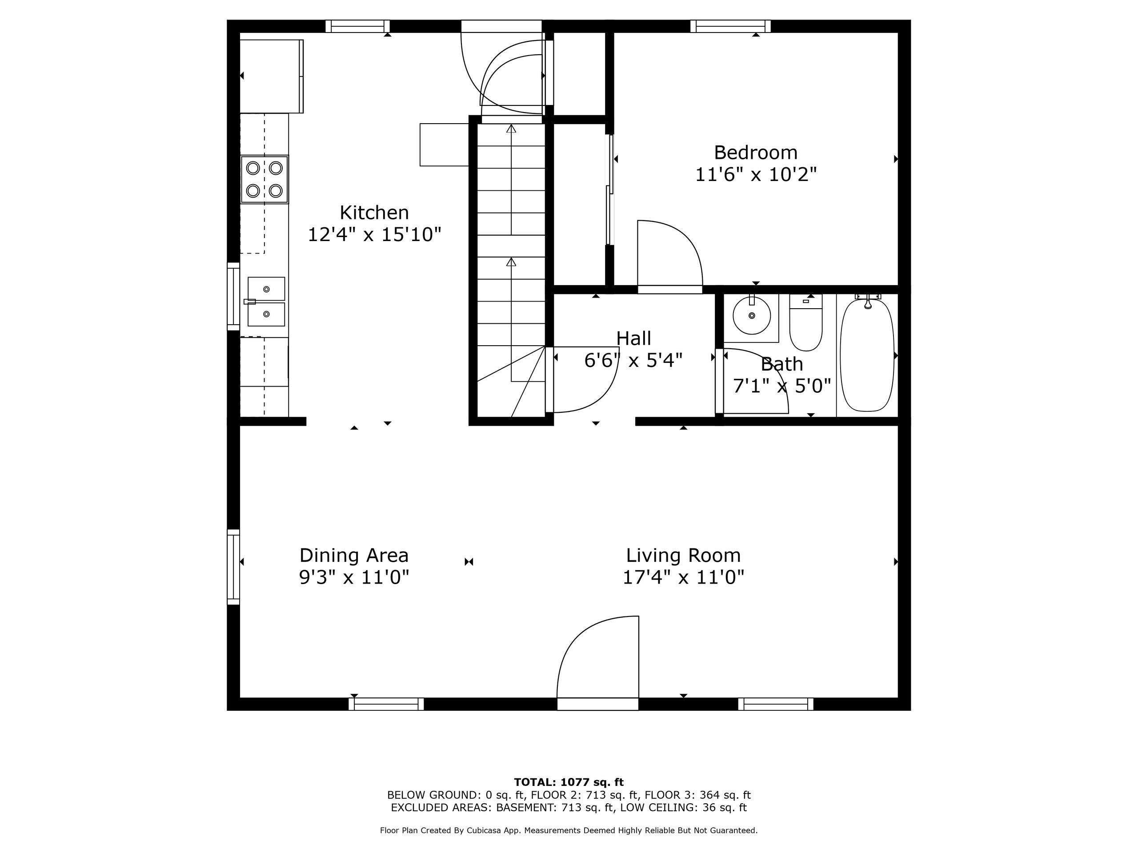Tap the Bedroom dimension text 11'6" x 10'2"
click(x=756, y=175)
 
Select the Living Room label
click(x=683, y=555)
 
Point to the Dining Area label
click(x=354, y=555)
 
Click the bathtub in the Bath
click(x=867, y=355)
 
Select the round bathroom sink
click(x=752, y=315)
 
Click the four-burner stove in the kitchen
click(x=264, y=179)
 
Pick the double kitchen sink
click(x=266, y=302)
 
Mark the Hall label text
click(x=633, y=338)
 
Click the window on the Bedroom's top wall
click(x=730, y=26)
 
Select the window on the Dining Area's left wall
click(x=233, y=567)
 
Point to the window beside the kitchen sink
click(x=233, y=297)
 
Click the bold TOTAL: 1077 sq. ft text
click(x=569, y=782)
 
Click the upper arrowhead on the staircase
click(x=511, y=129)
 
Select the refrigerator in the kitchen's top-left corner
click(x=272, y=76)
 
